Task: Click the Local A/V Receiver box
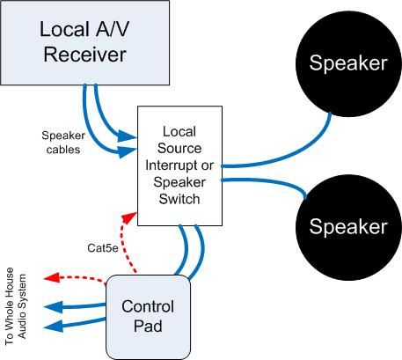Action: [84, 43]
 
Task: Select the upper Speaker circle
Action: [348, 63]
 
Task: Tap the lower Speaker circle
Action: [348, 227]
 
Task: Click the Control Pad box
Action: [148, 317]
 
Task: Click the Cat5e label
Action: [103, 248]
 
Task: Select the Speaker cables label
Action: [63, 143]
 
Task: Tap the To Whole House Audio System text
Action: [16, 306]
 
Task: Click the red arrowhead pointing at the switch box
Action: [129, 217]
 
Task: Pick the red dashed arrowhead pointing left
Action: [51, 277]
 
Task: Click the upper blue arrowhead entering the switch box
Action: [128, 136]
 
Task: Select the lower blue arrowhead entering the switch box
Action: [128, 151]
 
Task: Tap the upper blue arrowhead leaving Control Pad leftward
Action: [53, 307]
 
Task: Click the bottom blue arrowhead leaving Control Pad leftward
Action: [53, 326]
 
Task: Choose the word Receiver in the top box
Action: [85, 55]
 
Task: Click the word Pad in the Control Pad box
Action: [148, 327]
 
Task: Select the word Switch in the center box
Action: [179, 199]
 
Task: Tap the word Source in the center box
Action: [179, 148]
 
